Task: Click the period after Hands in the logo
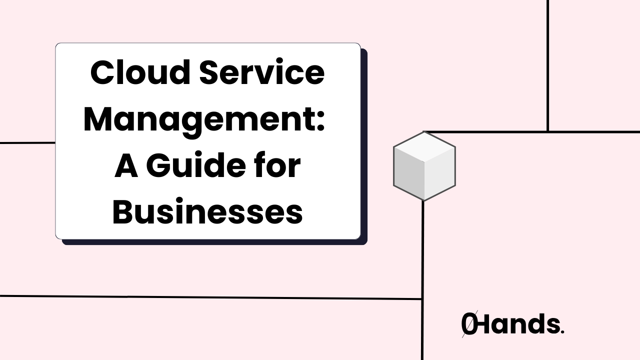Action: coord(562,331)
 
